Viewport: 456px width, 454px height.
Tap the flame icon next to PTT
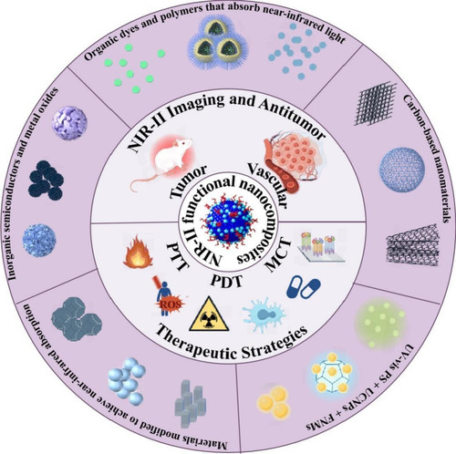tap(138, 252)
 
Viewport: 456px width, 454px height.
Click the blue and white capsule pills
tap(304, 287)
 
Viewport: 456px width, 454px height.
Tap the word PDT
tap(227, 281)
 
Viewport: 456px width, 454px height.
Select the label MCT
tap(277, 254)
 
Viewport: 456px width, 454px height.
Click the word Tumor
tap(189, 182)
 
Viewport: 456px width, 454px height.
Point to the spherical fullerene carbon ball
tap(402, 170)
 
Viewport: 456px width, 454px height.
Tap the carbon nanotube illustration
tap(413, 244)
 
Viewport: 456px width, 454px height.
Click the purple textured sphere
tap(69, 123)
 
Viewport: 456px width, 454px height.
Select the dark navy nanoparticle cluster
tap(47, 181)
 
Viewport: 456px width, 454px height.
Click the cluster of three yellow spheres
tap(274, 403)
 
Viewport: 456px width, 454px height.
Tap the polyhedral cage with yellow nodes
tap(332, 373)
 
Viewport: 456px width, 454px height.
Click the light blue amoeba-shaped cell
tap(264, 315)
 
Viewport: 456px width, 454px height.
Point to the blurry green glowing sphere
tap(381, 324)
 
